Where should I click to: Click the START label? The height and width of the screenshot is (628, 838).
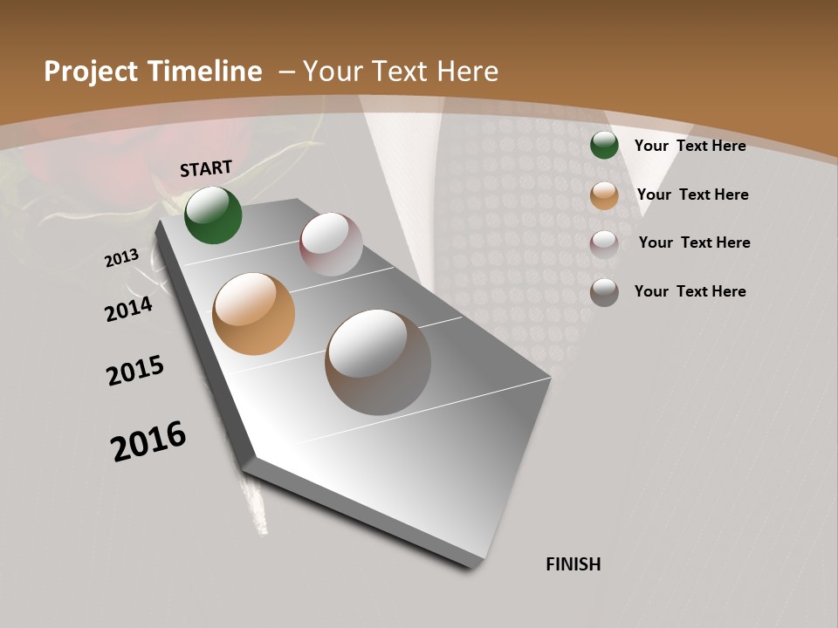pos(206,168)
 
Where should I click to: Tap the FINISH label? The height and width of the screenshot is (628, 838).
pos(574,564)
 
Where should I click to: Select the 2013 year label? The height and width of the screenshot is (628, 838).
pos(121,258)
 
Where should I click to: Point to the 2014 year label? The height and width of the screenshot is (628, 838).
pos(128,309)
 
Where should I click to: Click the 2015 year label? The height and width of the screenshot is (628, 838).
pos(135,371)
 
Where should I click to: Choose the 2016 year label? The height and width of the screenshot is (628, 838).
pos(148,440)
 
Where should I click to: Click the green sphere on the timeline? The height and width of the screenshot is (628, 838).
pos(213,215)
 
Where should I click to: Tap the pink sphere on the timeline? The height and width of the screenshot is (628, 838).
pos(331,244)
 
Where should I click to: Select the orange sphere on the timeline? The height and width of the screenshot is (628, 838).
pos(253,314)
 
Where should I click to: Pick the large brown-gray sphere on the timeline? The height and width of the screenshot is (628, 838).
pos(378,362)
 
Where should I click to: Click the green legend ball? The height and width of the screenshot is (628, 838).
pos(604,145)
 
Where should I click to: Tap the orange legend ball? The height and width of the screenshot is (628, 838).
pos(604,195)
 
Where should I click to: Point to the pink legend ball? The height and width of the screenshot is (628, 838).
pos(604,243)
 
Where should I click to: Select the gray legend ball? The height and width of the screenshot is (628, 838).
pos(604,292)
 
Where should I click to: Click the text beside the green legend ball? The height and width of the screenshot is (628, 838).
pos(690,146)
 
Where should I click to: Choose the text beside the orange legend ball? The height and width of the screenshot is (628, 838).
pos(692,195)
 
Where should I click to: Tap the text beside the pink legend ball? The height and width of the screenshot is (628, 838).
pos(694,242)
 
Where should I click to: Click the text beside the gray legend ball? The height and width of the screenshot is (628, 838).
pos(690,291)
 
